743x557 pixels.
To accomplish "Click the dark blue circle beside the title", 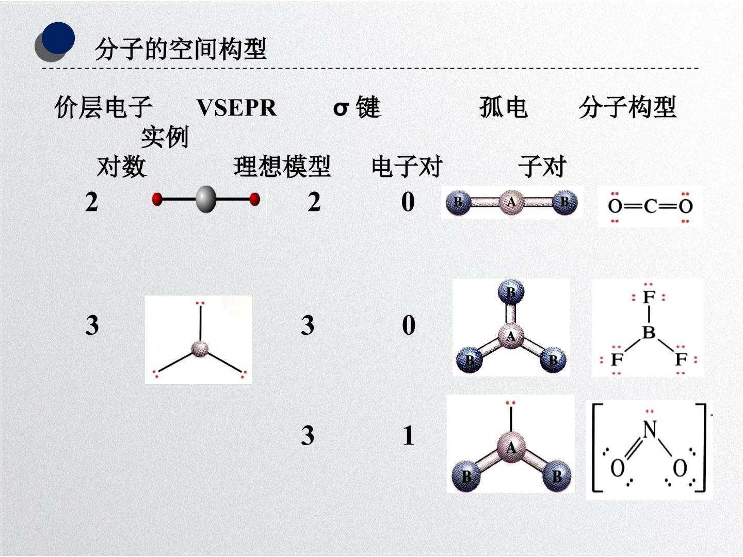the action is [58, 38].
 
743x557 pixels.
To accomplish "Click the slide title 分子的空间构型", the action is [181, 49].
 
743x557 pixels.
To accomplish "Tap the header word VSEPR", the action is [237, 108].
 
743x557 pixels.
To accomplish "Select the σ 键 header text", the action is [357, 107].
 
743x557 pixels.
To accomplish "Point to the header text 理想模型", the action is [282, 167].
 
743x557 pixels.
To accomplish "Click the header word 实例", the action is [165, 137].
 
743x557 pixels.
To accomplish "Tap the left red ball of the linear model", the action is [157, 200].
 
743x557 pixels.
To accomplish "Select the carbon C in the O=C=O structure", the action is [650, 206].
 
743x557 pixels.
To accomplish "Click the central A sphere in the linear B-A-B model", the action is [511, 202].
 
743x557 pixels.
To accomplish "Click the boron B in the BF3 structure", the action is [649, 333].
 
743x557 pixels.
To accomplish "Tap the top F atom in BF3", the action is [649, 297].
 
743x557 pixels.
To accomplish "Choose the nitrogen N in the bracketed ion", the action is [650, 429].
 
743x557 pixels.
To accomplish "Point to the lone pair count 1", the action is [409, 436].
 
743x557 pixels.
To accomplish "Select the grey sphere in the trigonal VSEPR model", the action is [200, 349].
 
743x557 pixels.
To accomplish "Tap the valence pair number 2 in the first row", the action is [91, 202].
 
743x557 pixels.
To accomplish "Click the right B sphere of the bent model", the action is [557, 476].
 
